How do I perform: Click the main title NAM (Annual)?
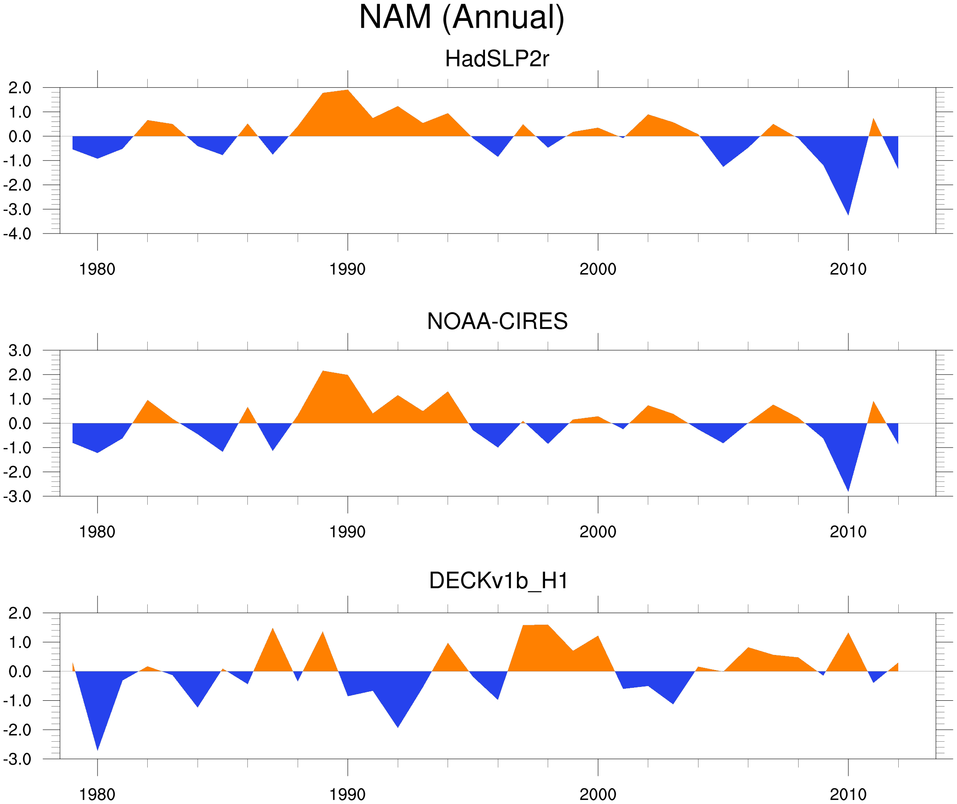click(461, 17)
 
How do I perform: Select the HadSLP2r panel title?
click(497, 59)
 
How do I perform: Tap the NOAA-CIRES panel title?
click(497, 321)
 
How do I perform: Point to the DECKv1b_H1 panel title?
click(499, 581)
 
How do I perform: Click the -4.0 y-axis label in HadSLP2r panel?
click(17, 234)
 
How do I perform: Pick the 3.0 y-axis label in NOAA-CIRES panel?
click(20, 351)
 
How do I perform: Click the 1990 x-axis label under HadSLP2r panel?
click(347, 269)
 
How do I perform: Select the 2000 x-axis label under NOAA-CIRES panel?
click(598, 532)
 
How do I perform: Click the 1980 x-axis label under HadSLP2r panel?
click(97, 269)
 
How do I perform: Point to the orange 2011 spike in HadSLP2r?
click(873, 125)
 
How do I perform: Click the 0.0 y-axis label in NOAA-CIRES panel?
click(20, 424)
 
